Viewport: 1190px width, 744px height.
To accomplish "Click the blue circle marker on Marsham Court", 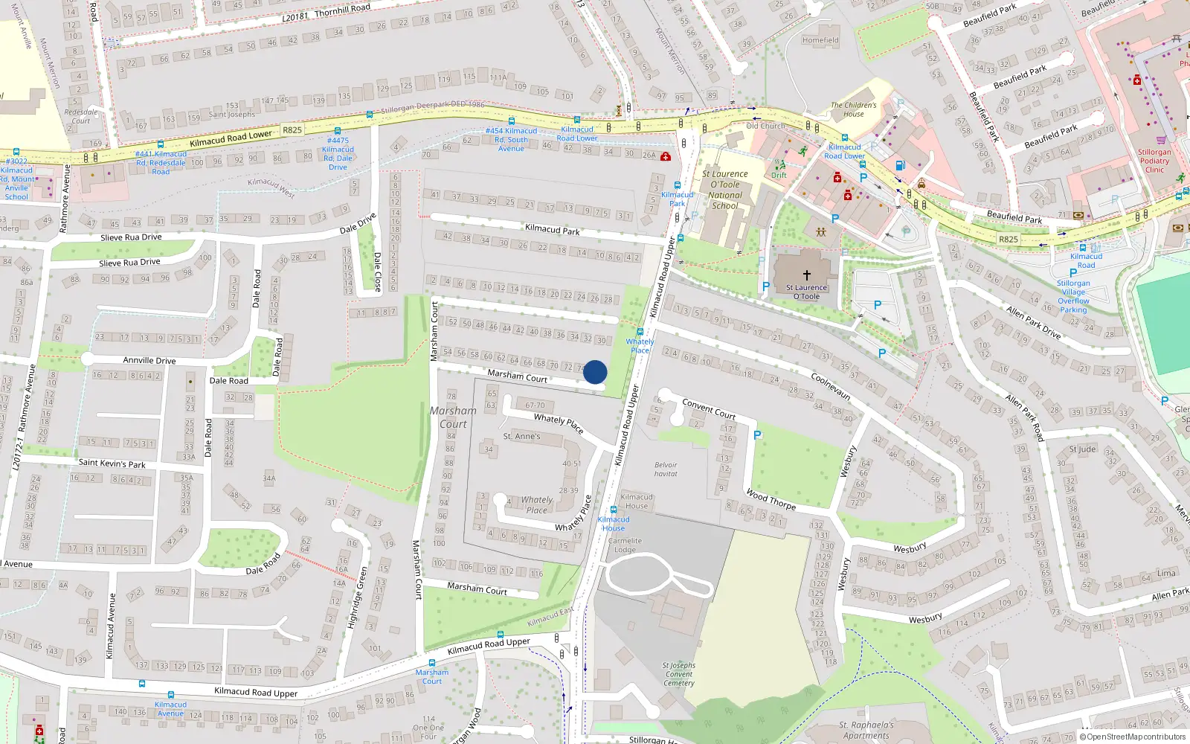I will tap(595, 372).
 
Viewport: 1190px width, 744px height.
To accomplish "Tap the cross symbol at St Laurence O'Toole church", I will tap(806, 275).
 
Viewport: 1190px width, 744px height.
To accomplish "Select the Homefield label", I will tap(820, 40).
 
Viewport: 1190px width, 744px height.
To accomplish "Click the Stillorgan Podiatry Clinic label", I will tap(1154, 161).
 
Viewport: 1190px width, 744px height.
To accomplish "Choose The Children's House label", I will tap(853, 109).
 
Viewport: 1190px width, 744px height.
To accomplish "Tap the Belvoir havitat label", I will tap(666, 469).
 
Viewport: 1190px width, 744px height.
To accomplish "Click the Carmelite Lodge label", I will tap(625, 545).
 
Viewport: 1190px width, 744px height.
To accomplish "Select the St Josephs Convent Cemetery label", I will tap(678, 674).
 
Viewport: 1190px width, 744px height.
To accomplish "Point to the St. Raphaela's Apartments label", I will tap(866, 730).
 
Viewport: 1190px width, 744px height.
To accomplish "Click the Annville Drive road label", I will tap(149, 360).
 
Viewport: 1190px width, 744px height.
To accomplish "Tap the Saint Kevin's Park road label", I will tap(112, 463).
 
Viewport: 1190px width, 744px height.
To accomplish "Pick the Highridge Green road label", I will tap(358, 597).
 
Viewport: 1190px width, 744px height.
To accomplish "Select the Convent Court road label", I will tap(709, 408).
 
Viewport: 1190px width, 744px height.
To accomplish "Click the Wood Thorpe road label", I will tap(771, 499).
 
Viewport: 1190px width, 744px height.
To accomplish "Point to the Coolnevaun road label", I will tap(831, 386).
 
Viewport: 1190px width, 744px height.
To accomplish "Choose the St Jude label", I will tap(1082, 449).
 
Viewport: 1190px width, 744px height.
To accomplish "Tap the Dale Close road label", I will tap(377, 272).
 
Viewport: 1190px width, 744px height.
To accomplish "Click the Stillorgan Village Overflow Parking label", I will tap(1073, 296).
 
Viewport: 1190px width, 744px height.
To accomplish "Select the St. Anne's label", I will tap(521, 436).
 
